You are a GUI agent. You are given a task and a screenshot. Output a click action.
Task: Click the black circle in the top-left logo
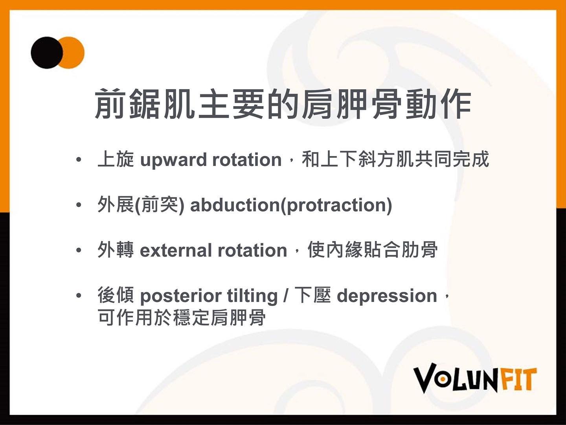point(47,53)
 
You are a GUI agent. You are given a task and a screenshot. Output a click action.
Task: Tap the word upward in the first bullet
point(173,160)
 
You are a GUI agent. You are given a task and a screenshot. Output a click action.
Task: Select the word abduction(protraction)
point(291,205)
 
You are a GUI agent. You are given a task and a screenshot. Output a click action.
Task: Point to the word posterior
point(180,296)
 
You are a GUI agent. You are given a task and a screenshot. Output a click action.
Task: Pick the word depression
point(387,296)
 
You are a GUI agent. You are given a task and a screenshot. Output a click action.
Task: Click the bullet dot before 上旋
point(79,160)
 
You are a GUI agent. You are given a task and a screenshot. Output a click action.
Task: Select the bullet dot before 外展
point(79,205)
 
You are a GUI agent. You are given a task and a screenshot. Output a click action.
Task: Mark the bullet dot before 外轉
point(79,250)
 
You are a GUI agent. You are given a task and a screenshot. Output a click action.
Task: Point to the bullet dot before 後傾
point(79,296)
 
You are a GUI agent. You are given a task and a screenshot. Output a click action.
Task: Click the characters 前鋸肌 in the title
point(145,104)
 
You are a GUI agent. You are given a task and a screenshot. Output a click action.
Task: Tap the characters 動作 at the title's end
point(438,104)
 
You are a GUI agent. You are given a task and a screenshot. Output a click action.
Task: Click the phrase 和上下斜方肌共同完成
point(395,159)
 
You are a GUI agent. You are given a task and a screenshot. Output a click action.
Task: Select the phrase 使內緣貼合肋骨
point(373,250)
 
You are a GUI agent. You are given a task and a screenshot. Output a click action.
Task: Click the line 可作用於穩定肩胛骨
point(182,317)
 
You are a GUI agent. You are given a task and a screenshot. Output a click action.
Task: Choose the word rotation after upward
point(247,160)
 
